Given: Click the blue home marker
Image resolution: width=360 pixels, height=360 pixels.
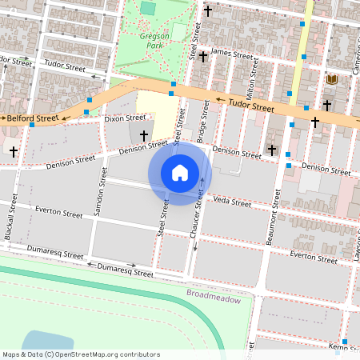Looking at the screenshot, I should (180, 173).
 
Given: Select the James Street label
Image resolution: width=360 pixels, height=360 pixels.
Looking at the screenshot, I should (231, 53).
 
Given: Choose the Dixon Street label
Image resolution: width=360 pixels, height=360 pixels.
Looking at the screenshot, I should (120, 118).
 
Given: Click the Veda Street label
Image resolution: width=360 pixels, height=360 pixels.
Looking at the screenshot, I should (232, 203).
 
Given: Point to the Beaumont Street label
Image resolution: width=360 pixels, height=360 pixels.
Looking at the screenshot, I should (274, 227).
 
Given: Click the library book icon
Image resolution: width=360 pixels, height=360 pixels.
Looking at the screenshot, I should (332, 80).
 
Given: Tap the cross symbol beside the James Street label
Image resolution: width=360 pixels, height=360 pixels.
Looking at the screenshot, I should (204, 56).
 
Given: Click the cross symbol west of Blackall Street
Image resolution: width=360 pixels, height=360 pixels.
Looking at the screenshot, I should (14, 150).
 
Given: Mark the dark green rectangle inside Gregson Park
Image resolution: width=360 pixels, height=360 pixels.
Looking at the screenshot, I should (148, 8).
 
